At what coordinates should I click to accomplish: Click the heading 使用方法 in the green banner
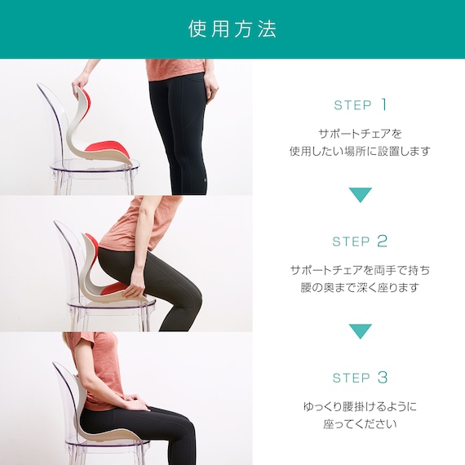pyautogui.click(x=232, y=29)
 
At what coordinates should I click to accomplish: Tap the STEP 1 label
pyautogui.click(x=361, y=104)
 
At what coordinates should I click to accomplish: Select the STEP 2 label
pyautogui.click(x=360, y=241)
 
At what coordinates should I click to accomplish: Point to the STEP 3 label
pyautogui.click(x=360, y=378)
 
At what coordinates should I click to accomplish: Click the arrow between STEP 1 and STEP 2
pyautogui.click(x=361, y=194)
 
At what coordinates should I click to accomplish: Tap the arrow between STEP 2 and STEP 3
pyautogui.click(x=361, y=330)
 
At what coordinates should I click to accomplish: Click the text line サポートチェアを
pyautogui.click(x=360, y=134)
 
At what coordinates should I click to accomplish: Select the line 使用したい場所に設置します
pyautogui.click(x=360, y=151)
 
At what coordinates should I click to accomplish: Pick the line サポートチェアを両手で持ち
pyautogui.click(x=360, y=270)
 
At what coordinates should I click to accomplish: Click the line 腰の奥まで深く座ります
pyautogui.click(x=360, y=287)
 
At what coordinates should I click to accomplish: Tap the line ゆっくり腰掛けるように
pyautogui.click(x=360, y=406)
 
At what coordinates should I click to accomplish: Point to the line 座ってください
pyautogui.click(x=360, y=423)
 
